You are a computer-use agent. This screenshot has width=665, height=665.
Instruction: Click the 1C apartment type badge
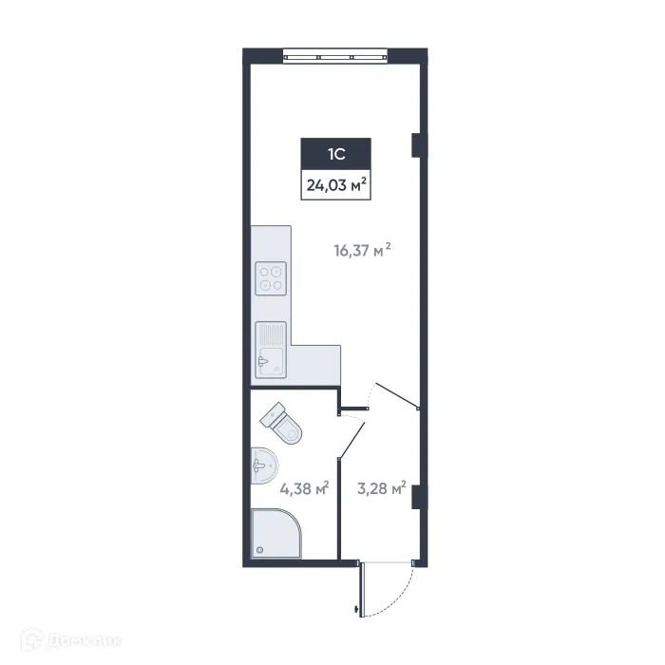tap(335, 154)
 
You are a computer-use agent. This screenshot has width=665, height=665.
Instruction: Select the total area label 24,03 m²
tap(335, 185)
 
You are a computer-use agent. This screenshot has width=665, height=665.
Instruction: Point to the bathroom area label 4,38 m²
tap(304, 488)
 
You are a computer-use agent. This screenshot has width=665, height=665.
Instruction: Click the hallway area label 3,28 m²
tap(381, 488)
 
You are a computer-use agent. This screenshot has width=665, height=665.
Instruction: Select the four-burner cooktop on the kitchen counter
tap(271, 275)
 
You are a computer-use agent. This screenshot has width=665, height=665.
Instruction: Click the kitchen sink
tap(271, 349)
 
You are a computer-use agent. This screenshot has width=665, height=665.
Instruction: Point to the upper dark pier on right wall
tap(416, 144)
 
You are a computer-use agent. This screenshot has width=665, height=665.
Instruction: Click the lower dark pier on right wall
tap(416, 496)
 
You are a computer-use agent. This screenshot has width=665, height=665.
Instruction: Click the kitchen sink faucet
tap(264, 360)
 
